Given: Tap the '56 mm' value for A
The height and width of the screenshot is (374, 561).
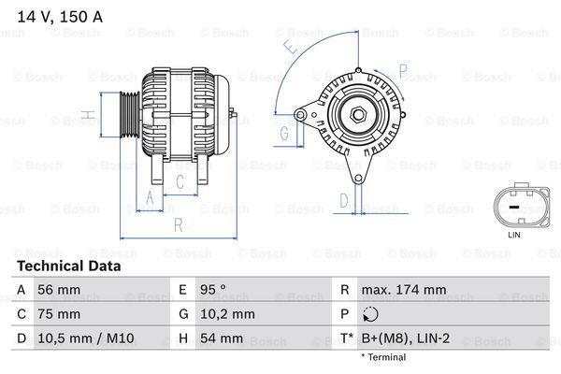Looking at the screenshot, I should [x=59, y=290].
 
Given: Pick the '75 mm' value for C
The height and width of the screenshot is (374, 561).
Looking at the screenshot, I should [x=59, y=314].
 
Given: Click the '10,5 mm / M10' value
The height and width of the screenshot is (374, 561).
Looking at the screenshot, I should [x=80, y=338].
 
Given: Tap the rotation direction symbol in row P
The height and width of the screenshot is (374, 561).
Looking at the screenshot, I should [x=371, y=314].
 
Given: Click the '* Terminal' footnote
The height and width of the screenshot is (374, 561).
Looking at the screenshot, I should [x=383, y=357].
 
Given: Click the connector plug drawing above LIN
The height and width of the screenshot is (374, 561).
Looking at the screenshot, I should [x=513, y=207].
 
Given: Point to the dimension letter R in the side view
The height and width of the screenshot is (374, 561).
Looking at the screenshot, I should [x=178, y=223].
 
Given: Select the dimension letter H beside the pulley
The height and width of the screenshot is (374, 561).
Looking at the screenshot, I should [x=86, y=117].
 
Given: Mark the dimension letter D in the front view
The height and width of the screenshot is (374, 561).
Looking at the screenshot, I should [x=343, y=199].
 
